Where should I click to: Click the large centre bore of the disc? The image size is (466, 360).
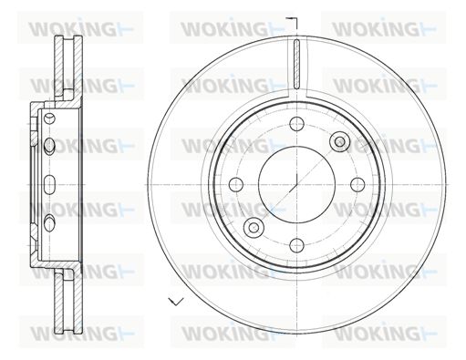click(x=296, y=184)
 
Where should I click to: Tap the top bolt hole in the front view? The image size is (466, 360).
click(x=296, y=123)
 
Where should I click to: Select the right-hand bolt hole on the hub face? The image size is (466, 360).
click(x=357, y=184)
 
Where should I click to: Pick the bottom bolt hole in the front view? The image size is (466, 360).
click(x=296, y=245)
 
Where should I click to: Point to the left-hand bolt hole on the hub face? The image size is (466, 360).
click(x=236, y=184)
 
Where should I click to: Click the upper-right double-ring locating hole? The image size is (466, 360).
click(x=340, y=141)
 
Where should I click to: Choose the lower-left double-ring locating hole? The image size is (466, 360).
click(x=254, y=227)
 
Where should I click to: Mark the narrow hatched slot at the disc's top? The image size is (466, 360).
click(x=297, y=64)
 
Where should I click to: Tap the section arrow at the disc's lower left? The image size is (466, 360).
click(x=176, y=302)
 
